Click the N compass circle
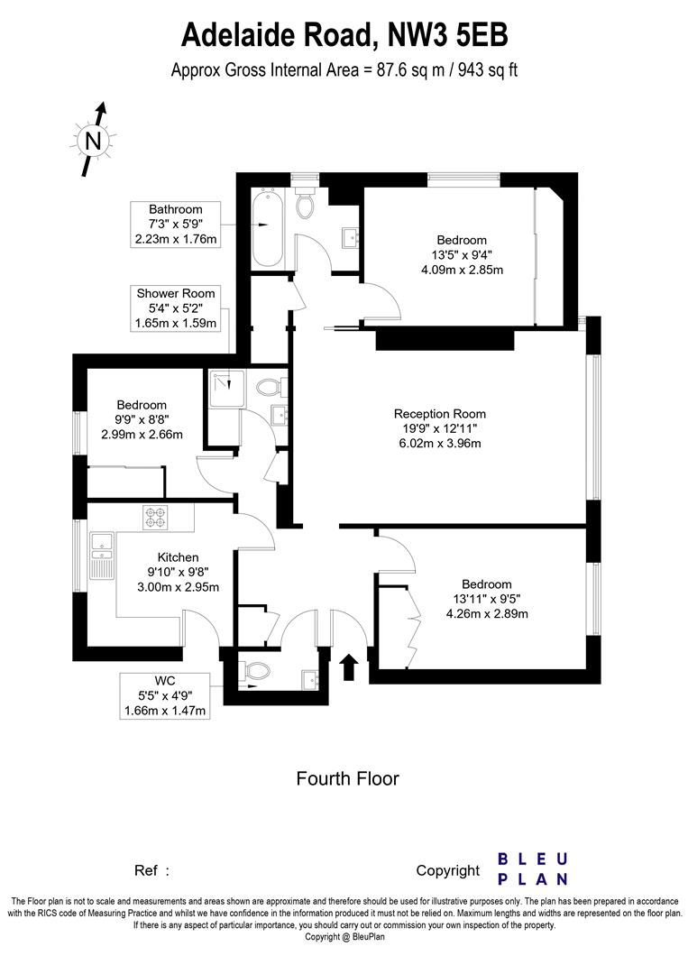point(93,140)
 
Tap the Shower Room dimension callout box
point(177,308)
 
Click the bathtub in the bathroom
point(266,229)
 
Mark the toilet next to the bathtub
point(305,206)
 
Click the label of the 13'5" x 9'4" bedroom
point(462,240)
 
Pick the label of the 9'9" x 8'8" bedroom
point(142,405)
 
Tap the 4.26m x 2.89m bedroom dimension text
point(486,614)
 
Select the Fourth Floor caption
point(347,778)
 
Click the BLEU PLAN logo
point(533,868)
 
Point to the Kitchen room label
point(178,557)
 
